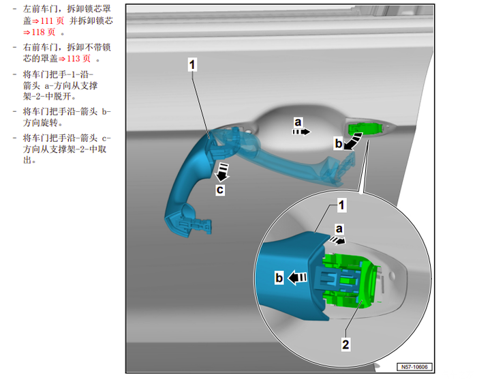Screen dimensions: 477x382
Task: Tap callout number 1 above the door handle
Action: [x=192, y=65]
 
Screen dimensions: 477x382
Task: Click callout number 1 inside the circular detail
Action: [x=341, y=205]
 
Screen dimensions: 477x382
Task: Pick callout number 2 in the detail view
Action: [x=345, y=344]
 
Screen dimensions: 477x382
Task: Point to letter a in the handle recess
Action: [x=298, y=122]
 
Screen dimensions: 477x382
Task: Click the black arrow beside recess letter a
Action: [x=301, y=132]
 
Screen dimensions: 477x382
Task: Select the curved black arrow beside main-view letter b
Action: [x=354, y=141]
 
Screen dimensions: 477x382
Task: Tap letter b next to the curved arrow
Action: [x=338, y=143]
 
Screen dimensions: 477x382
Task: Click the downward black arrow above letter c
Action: [x=222, y=172]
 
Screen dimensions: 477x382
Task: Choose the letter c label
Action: [x=220, y=190]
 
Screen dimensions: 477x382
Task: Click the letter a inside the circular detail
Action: [x=339, y=229]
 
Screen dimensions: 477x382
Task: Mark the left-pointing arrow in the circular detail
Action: [x=297, y=278]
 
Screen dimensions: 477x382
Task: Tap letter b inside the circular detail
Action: [x=279, y=278]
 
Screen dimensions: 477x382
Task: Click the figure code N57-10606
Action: [x=414, y=367]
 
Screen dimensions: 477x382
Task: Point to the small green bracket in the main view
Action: [x=365, y=128]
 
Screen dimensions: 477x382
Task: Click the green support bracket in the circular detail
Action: [x=350, y=280]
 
